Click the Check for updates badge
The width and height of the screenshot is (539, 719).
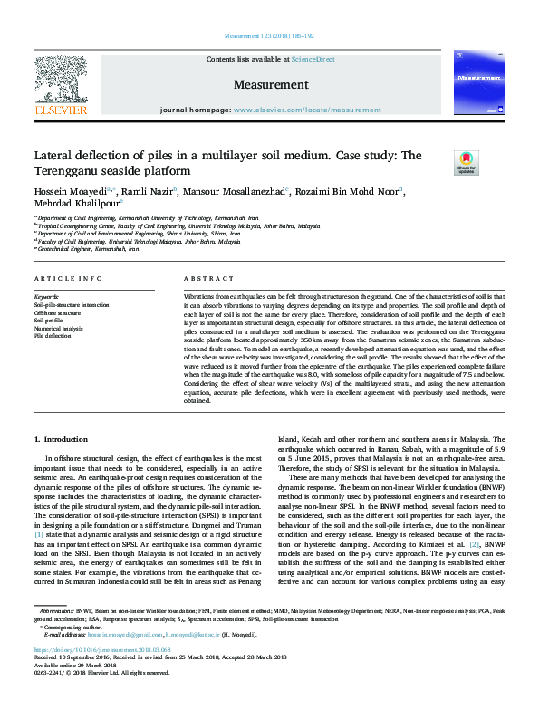tap(491, 164)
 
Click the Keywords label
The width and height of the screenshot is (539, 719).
tap(46, 297)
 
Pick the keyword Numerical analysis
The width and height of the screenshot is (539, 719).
tap(58, 329)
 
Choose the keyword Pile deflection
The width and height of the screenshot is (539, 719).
tap(53, 336)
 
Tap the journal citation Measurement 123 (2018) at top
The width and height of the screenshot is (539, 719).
tap(269, 35)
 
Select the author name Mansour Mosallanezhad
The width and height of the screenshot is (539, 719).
tap(238, 192)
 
